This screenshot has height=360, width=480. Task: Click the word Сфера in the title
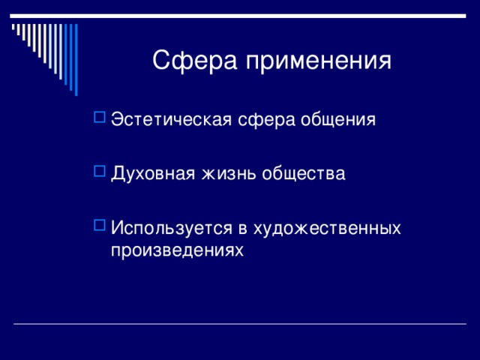point(195,61)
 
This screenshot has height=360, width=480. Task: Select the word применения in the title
point(318,61)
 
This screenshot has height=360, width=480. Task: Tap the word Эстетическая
point(172,119)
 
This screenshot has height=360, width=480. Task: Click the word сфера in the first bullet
point(267,121)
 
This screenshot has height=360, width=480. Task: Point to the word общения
point(338,120)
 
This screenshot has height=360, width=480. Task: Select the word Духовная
point(153,174)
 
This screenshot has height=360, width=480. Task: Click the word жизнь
point(229,173)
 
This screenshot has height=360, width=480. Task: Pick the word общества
point(304,174)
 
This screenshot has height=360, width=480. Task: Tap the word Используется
point(172,228)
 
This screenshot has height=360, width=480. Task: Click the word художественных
point(327,228)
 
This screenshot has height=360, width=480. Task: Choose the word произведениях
point(177,250)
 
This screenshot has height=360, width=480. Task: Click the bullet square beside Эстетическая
point(100,117)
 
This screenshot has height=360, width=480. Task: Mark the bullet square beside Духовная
point(100,172)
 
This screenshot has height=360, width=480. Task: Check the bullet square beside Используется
point(100,225)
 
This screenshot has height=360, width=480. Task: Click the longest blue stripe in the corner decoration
point(76,60)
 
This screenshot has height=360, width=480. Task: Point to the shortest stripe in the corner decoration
point(13,27)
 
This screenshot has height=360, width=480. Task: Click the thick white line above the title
point(238,16)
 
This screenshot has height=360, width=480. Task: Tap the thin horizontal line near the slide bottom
point(240,323)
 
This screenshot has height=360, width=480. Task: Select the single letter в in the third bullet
point(243,229)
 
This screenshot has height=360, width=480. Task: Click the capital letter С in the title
point(161,61)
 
